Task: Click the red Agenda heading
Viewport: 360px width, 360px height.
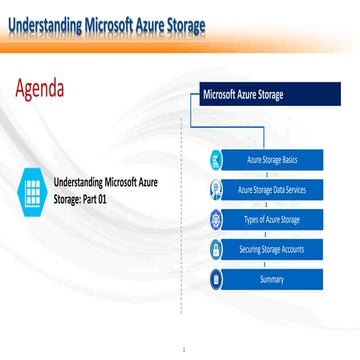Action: [39, 88]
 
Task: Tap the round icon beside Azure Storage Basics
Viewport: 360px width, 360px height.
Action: [215, 159]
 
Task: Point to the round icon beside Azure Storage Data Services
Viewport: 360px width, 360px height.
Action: [215, 189]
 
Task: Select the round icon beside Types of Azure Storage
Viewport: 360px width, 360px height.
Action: [215, 219]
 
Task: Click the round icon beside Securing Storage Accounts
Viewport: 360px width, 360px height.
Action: [215, 249]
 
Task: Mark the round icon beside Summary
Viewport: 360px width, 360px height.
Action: [215, 279]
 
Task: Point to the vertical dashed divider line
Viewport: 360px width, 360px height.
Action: [180, 200]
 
